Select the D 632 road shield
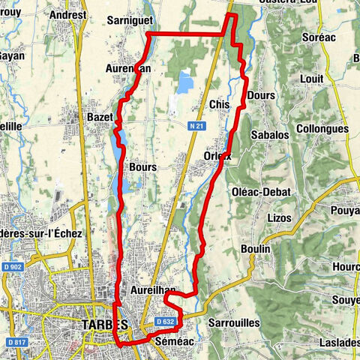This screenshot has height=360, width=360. pos(166,322)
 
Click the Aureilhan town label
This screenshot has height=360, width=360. pos(152,289)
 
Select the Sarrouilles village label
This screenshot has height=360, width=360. pos(235,322)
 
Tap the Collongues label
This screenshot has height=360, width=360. pos(322,129)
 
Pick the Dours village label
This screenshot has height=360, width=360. pos(260,96)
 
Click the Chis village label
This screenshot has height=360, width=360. pos(220,103)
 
